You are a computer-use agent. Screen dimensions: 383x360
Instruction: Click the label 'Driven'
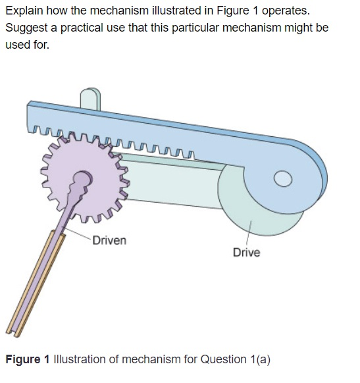pyautogui.click(x=109, y=240)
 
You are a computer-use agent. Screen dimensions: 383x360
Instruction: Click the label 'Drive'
pyautogui.click(x=246, y=253)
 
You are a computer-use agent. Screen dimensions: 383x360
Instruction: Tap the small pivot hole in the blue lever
pyautogui.click(x=282, y=179)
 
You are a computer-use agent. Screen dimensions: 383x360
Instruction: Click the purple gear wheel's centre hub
pyautogui.click(x=84, y=179)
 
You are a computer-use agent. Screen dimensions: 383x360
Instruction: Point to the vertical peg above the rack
pyautogui.click(x=90, y=98)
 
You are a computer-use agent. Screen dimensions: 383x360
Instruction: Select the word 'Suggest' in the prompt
pyautogui.click(x=26, y=29)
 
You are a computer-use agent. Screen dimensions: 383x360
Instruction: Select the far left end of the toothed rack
pyautogui.click(x=30, y=118)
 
